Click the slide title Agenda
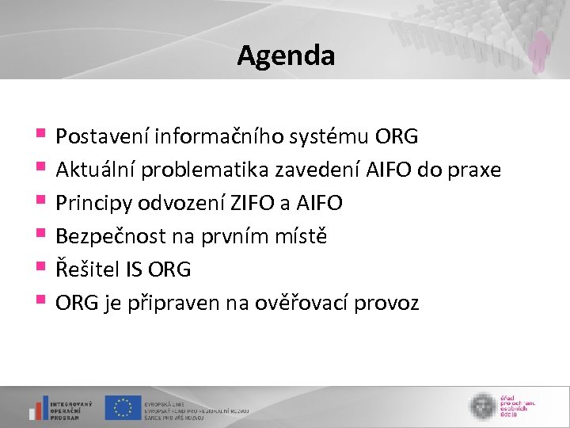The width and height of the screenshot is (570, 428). point(286,55)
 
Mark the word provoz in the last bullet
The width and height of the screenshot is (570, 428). point(391,303)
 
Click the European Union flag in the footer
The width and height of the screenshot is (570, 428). point(123,407)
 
